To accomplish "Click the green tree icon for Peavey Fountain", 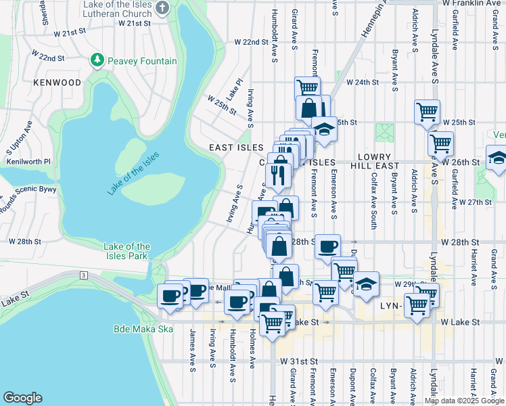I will (98, 61).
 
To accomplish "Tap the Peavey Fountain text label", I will (141, 62).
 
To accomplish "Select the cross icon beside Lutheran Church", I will (162, 8).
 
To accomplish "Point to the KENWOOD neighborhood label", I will (57, 83).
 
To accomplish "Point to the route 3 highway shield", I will (82, 275).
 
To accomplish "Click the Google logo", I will (22, 398).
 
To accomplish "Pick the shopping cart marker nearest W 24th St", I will (308, 87).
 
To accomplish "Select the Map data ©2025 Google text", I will (463, 401).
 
